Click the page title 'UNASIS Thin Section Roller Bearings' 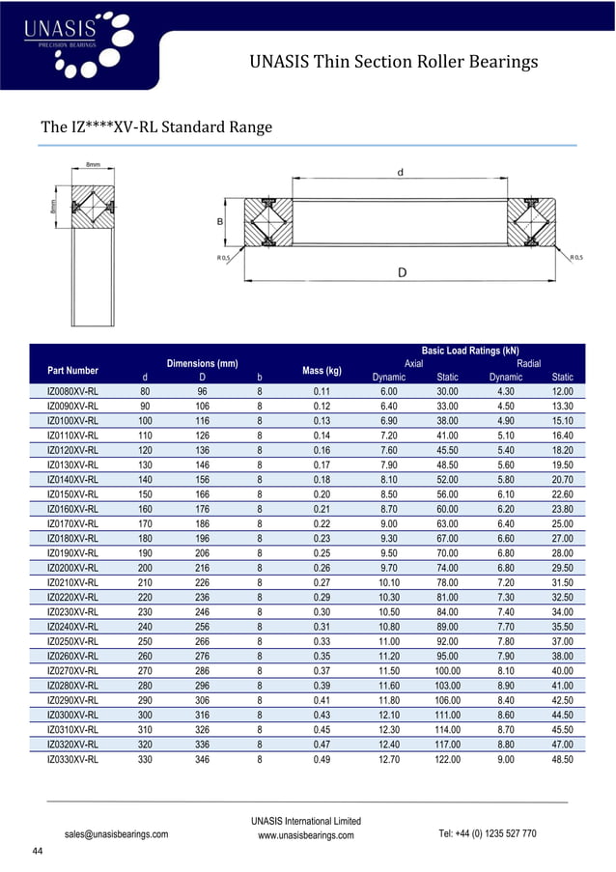pyautogui.click(x=393, y=63)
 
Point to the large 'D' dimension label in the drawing pyautogui.click(x=403, y=273)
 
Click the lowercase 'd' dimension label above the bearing pyautogui.click(x=401, y=173)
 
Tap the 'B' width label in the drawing pyautogui.click(x=221, y=221)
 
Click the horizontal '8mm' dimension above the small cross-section pyautogui.click(x=94, y=165)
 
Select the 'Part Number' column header pyautogui.click(x=72, y=370)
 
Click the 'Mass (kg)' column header pyautogui.click(x=322, y=370)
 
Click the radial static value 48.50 pyautogui.click(x=561, y=760)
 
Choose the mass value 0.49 pyautogui.click(x=322, y=760)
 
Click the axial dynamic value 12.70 pyautogui.click(x=388, y=760)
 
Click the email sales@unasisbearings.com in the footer pyautogui.click(x=116, y=833)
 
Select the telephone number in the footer pyautogui.click(x=488, y=833)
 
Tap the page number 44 pyautogui.click(x=38, y=851)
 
